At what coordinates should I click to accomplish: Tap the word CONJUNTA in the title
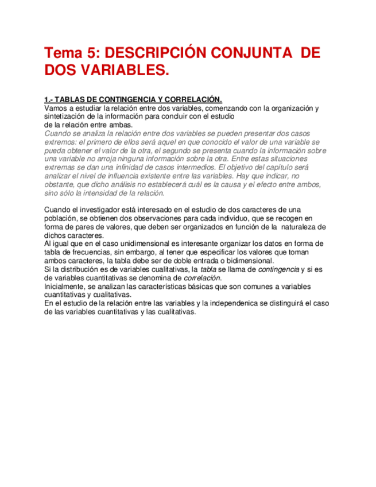253,53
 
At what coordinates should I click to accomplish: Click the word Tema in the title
64,53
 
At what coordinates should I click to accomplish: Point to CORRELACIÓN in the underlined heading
189,99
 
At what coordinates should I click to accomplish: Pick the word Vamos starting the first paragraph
55,108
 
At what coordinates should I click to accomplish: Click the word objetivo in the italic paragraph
241,167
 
